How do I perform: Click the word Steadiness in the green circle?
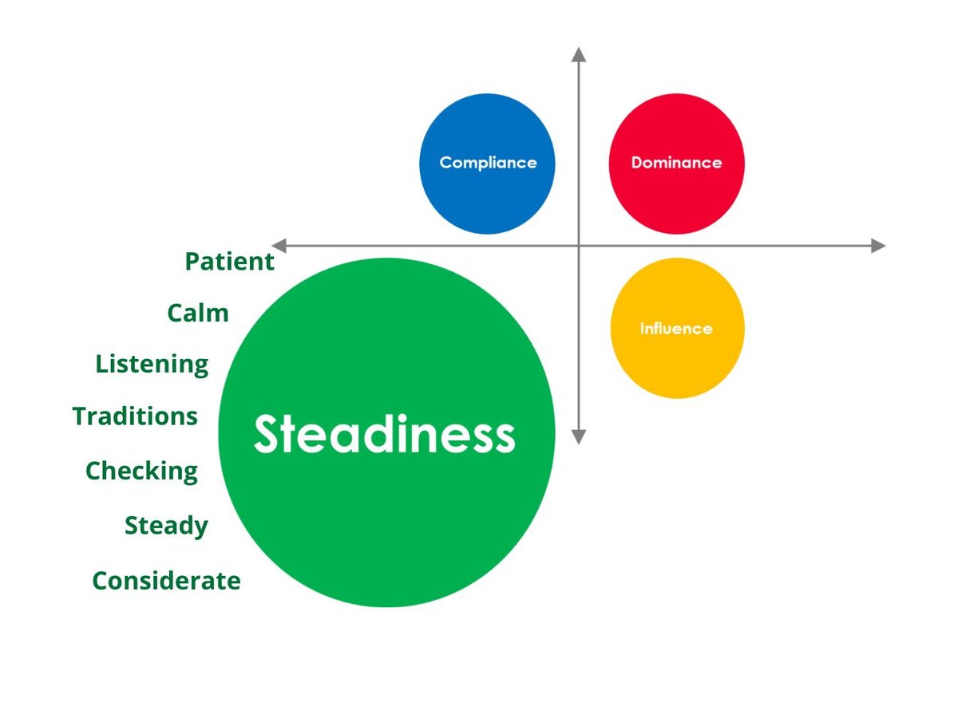click(385, 436)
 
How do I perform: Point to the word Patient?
click(229, 262)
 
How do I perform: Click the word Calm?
click(198, 313)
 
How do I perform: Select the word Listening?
click(152, 365)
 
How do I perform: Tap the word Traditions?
click(135, 416)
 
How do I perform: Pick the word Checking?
click(141, 471)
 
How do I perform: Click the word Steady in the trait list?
click(166, 526)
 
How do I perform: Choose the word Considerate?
click(166, 580)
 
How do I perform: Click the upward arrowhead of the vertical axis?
click(579, 54)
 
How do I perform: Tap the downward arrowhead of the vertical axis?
click(579, 437)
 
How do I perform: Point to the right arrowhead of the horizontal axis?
click(878, 246)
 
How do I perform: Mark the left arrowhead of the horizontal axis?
click(279, 246)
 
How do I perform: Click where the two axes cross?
click(579, 246)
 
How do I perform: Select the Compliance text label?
click(488, 163)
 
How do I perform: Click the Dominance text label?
click(676, 163)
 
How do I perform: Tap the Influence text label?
click(676, 328)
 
